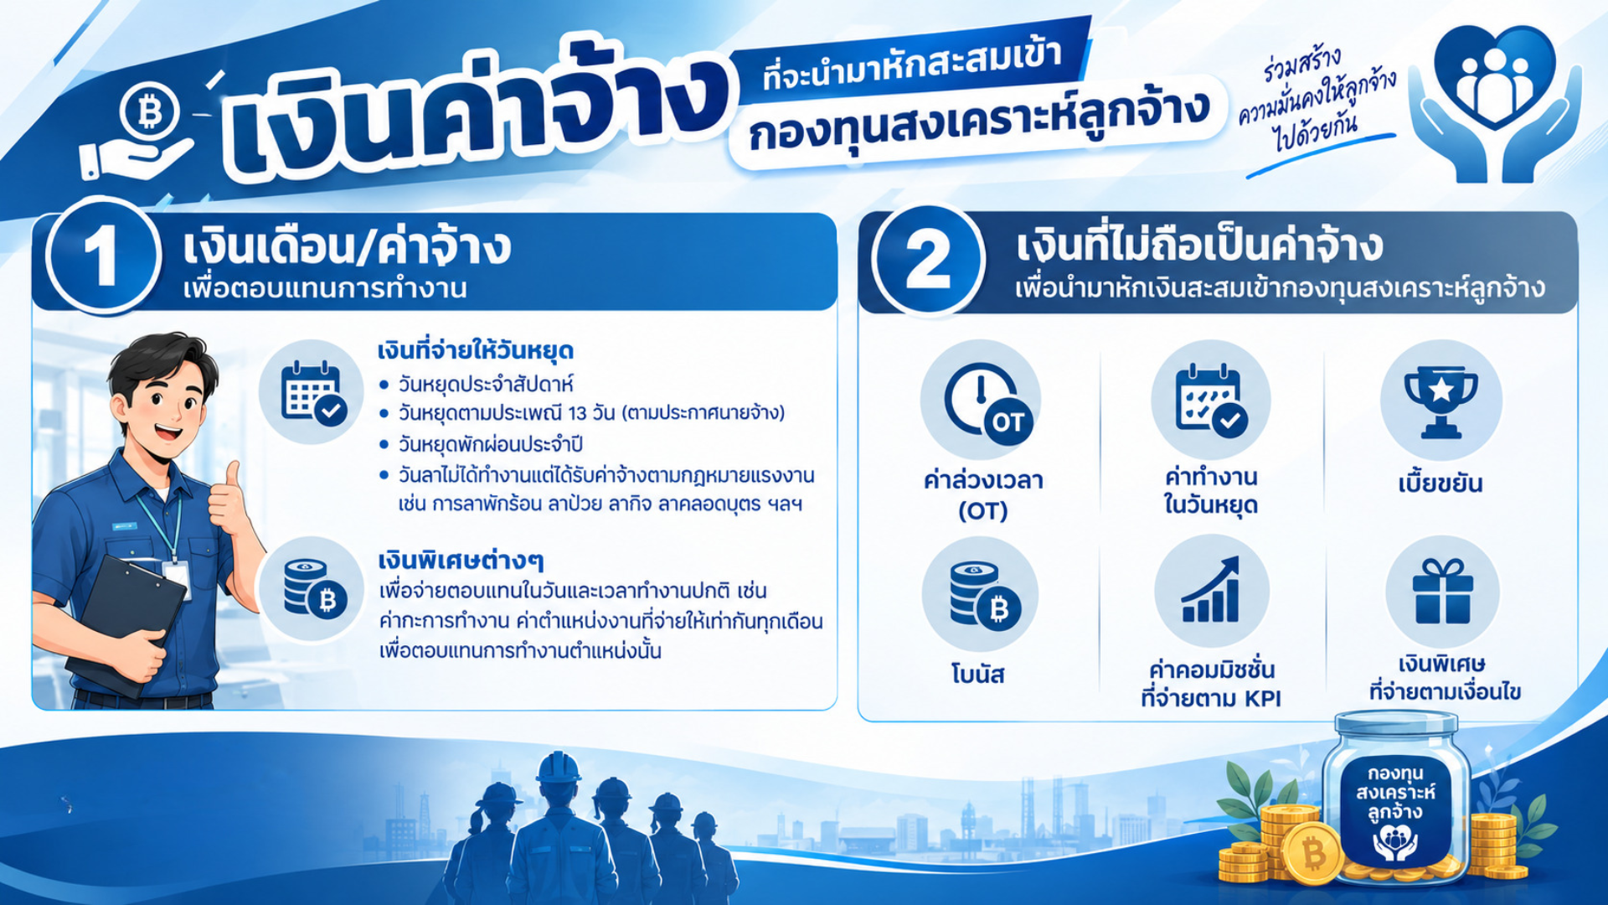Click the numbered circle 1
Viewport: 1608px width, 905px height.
pos(102,256)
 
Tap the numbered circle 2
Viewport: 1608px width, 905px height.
pos(928,260)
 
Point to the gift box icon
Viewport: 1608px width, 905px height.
pos(1442,592)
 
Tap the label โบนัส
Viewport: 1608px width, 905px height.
pos(977,675)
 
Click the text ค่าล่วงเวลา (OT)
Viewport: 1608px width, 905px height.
pos(983,495)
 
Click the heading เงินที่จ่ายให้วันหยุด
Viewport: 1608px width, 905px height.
pos(475,350)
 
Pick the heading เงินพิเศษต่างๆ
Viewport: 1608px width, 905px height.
pos(461,560)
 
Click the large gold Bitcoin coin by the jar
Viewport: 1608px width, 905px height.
pos(1312,853)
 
